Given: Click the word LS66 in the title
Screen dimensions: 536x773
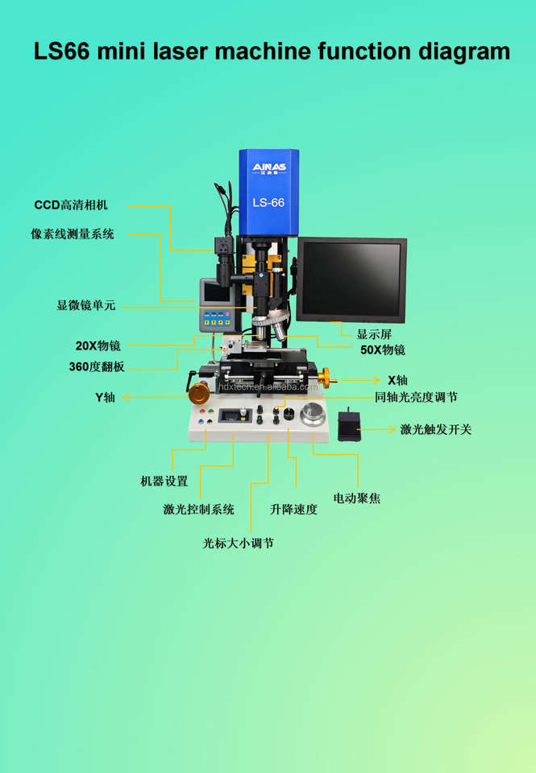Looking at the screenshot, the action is [x=62, y=52].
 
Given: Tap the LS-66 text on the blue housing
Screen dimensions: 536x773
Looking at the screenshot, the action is [x=268, y=203].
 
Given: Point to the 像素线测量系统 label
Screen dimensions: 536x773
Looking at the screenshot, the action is [x=73, y=234].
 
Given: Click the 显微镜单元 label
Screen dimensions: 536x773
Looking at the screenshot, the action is [x=86, y=306].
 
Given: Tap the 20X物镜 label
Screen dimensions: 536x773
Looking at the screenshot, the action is [x=98, y=345].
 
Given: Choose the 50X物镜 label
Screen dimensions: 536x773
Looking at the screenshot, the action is [x=383, y=350].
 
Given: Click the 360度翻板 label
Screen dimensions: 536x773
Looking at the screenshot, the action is [x=97, y=366].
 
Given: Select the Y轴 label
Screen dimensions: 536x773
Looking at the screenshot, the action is [x=106, y=397].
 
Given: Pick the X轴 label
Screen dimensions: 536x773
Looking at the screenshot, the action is [x=397, y=380].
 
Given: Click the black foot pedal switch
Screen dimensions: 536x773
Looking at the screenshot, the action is [x=347, y=424].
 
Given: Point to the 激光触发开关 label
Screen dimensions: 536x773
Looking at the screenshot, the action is [x=436, y=429].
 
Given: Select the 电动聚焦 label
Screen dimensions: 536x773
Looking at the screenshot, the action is [x=356, y=498].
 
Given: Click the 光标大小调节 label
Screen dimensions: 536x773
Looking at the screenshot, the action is [x=238, y=544].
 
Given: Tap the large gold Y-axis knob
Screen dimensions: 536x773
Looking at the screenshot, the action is [x=198, y=394].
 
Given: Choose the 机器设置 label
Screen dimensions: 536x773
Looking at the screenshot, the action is [x=164, y=482].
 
